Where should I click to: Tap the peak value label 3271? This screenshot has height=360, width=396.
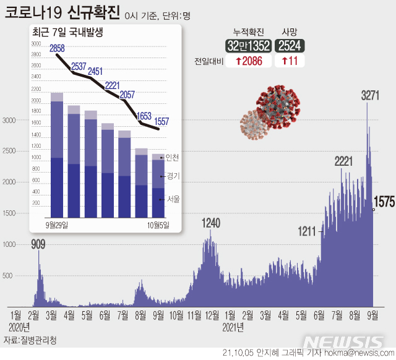[370, 95]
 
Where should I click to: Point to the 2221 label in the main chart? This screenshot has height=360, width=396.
[343, 161]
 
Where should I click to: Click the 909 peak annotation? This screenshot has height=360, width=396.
[39, 244]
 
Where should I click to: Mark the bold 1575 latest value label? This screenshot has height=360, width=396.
[384, 203]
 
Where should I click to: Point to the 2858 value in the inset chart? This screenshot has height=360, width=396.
[57, 48]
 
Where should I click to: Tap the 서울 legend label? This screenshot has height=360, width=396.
[172, 199]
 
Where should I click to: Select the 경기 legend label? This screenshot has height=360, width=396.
[172, 176]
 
